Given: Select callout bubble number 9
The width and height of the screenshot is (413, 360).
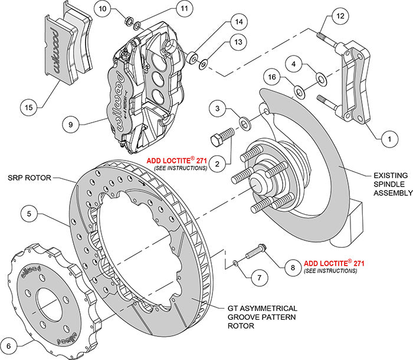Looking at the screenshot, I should point(72,125).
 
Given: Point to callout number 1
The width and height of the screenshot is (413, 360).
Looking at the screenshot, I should point(388,139).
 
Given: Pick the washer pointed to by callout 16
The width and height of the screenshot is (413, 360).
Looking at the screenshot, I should point(299,91).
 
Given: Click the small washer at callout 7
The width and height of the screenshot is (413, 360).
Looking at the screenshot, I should point(235,263).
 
